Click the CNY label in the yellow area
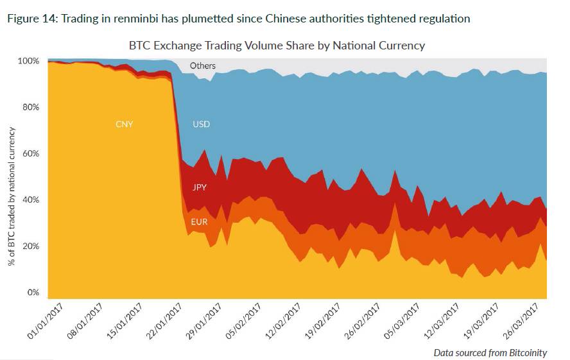pyautogui.click(x=124, y=124)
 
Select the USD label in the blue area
pyautogui.click(x=201, y=124)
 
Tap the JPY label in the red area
pyautogui.click(x=200, y=188)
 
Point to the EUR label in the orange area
pyautogui.click(x=199, y=223)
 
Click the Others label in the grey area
pyautogui.click(x=203, y=65)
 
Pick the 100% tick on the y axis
pyautogui.click(x=28, y=61)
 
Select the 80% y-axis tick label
pyautogui.click(x=30, y=107)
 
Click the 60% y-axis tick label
pyautogui.click(x=30, y=154)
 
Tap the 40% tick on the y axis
pyautogui.click(x=30, y=200)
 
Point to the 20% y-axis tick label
pyautogui.click(x=30, y=246)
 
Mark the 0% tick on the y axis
pyautogui.click(x=33, y=293)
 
